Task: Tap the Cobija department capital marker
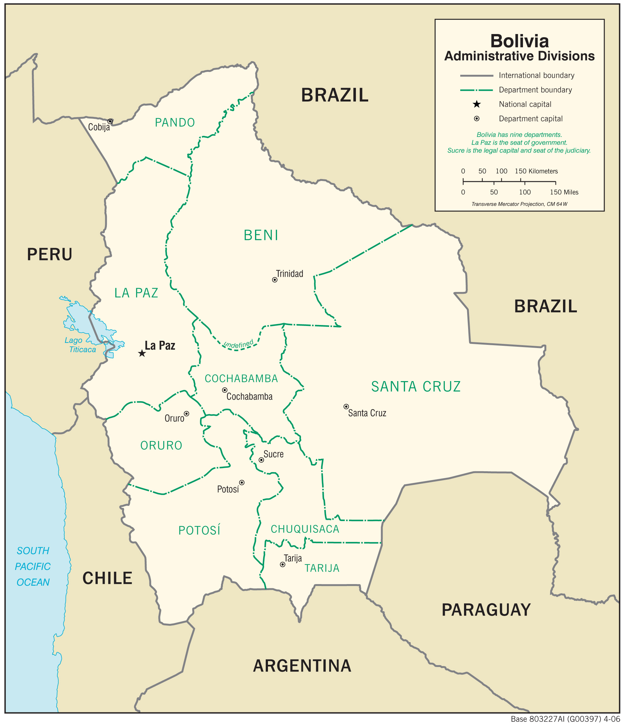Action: (x=110, y=121)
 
